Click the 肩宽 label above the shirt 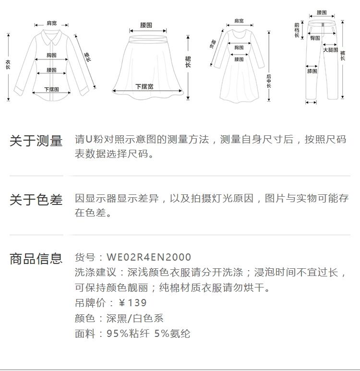pos(51,23)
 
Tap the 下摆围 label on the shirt pos(51,89)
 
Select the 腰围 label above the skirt pos(146,25)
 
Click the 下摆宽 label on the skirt pos(144,87)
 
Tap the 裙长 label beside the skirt pos(188,62)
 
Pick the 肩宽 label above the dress pos(239,21)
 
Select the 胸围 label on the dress pos(239,48)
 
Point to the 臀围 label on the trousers pos(315,38)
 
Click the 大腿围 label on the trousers pos(330,50)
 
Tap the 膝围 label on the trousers pos(312,71)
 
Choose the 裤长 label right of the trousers pos(343,56)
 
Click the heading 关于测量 pos(36,141)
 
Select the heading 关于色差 pos(36,200)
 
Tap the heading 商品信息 pos(36,259)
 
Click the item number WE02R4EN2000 pos(149,257)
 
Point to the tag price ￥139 pos(132,303)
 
